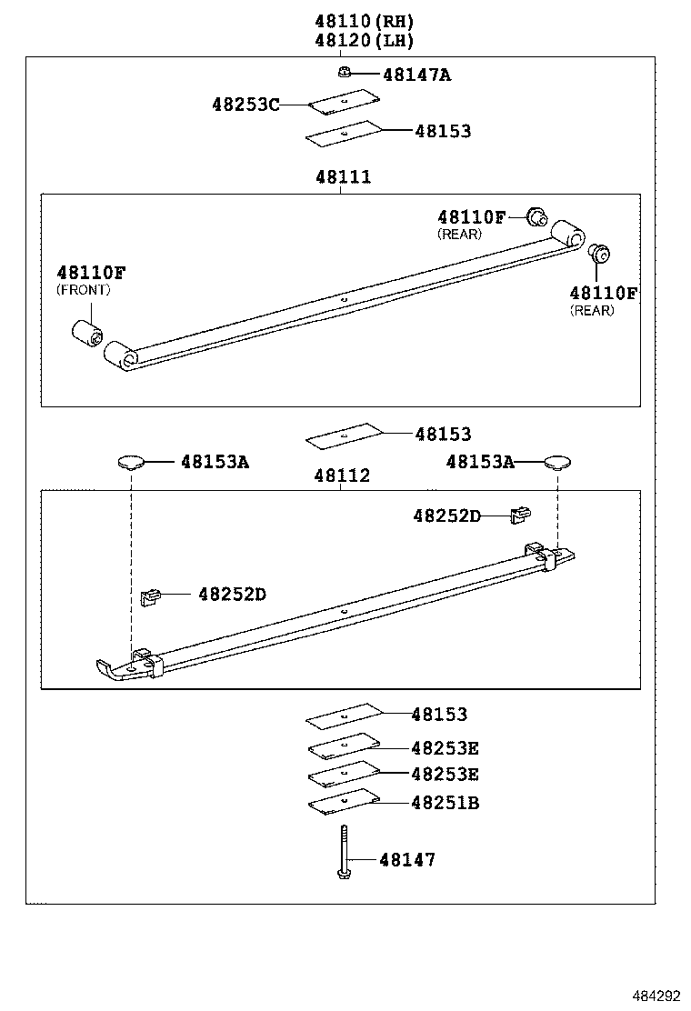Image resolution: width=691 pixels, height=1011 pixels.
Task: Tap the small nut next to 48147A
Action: pyautogui.click(x=343, y=74)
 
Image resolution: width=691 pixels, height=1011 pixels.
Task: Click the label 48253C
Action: pyautogui.click(x=245, y=105)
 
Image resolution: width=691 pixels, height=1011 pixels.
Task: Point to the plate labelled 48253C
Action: pyautogui.click(x=343, y=103)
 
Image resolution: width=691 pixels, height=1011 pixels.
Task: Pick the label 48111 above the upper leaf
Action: pyautogui.click(x=343, y=177)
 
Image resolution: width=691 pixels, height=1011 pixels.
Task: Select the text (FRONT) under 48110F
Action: pyautogui.click(x=83, y=290)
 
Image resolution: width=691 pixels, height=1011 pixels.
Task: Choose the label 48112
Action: pyautogui.click(x=343, y=475)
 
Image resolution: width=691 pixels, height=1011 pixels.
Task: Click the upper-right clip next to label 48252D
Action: pyautogui.click(x=520, y=516)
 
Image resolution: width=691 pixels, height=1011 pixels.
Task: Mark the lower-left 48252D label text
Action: pyautogui.click(x=232, y=594)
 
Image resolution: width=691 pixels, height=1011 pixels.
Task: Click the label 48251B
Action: pyautogui.click(x=445, y=803)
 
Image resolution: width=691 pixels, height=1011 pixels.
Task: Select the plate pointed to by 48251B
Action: pyautogui.click(x=343, y=801)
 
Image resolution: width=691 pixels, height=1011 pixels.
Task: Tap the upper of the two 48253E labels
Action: pyautogui.click(x=445, y=748)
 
